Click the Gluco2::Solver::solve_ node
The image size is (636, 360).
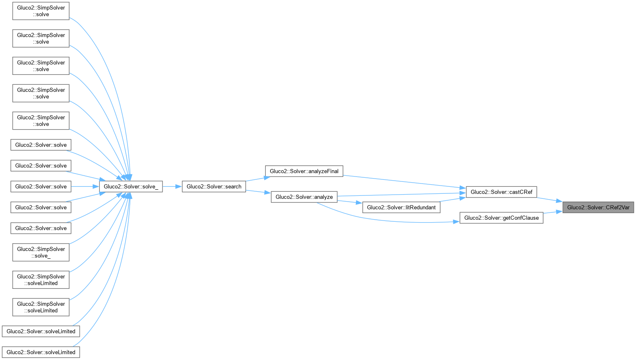point(131,186)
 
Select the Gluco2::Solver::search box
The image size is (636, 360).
point(214,186)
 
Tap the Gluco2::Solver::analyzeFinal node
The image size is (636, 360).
point(304,171)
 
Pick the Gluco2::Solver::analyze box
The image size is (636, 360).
point(304,197)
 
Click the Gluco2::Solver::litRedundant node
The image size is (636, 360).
point(401,207)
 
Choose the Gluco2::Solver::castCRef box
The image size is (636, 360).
point(501,192)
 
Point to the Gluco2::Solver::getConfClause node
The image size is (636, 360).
point(501,218)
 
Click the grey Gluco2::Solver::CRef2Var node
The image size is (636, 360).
point(598,207)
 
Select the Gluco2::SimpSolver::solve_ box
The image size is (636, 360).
point(41,252)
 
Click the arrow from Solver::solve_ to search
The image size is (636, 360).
point(172,186)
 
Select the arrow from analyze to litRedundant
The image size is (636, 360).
point(350,202)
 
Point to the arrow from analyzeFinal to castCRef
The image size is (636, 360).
point(403,181)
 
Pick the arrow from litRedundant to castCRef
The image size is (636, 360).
point(453,199)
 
